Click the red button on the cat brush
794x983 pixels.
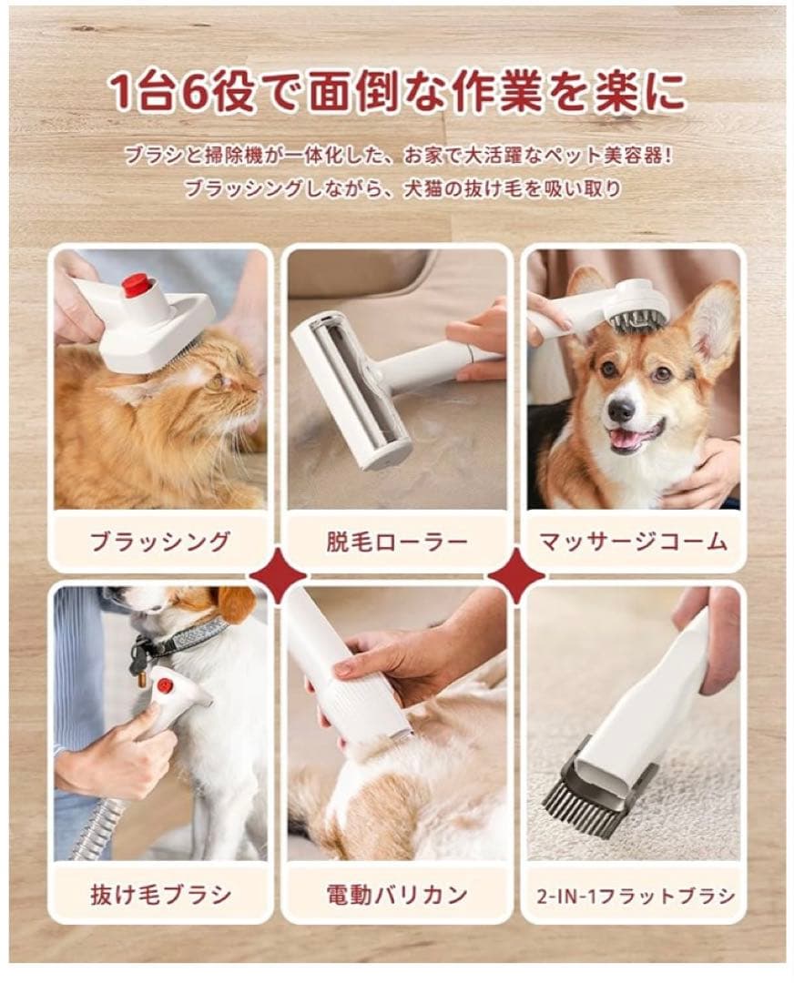click(137, 285)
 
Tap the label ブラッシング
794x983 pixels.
click(160, 542)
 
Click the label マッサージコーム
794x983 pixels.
click(633, 542)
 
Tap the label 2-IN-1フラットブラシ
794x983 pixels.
click(634, 894)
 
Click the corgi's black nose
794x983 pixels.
click(621, 410)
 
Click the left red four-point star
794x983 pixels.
click(279, 575)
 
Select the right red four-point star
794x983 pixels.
click(515, 575)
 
